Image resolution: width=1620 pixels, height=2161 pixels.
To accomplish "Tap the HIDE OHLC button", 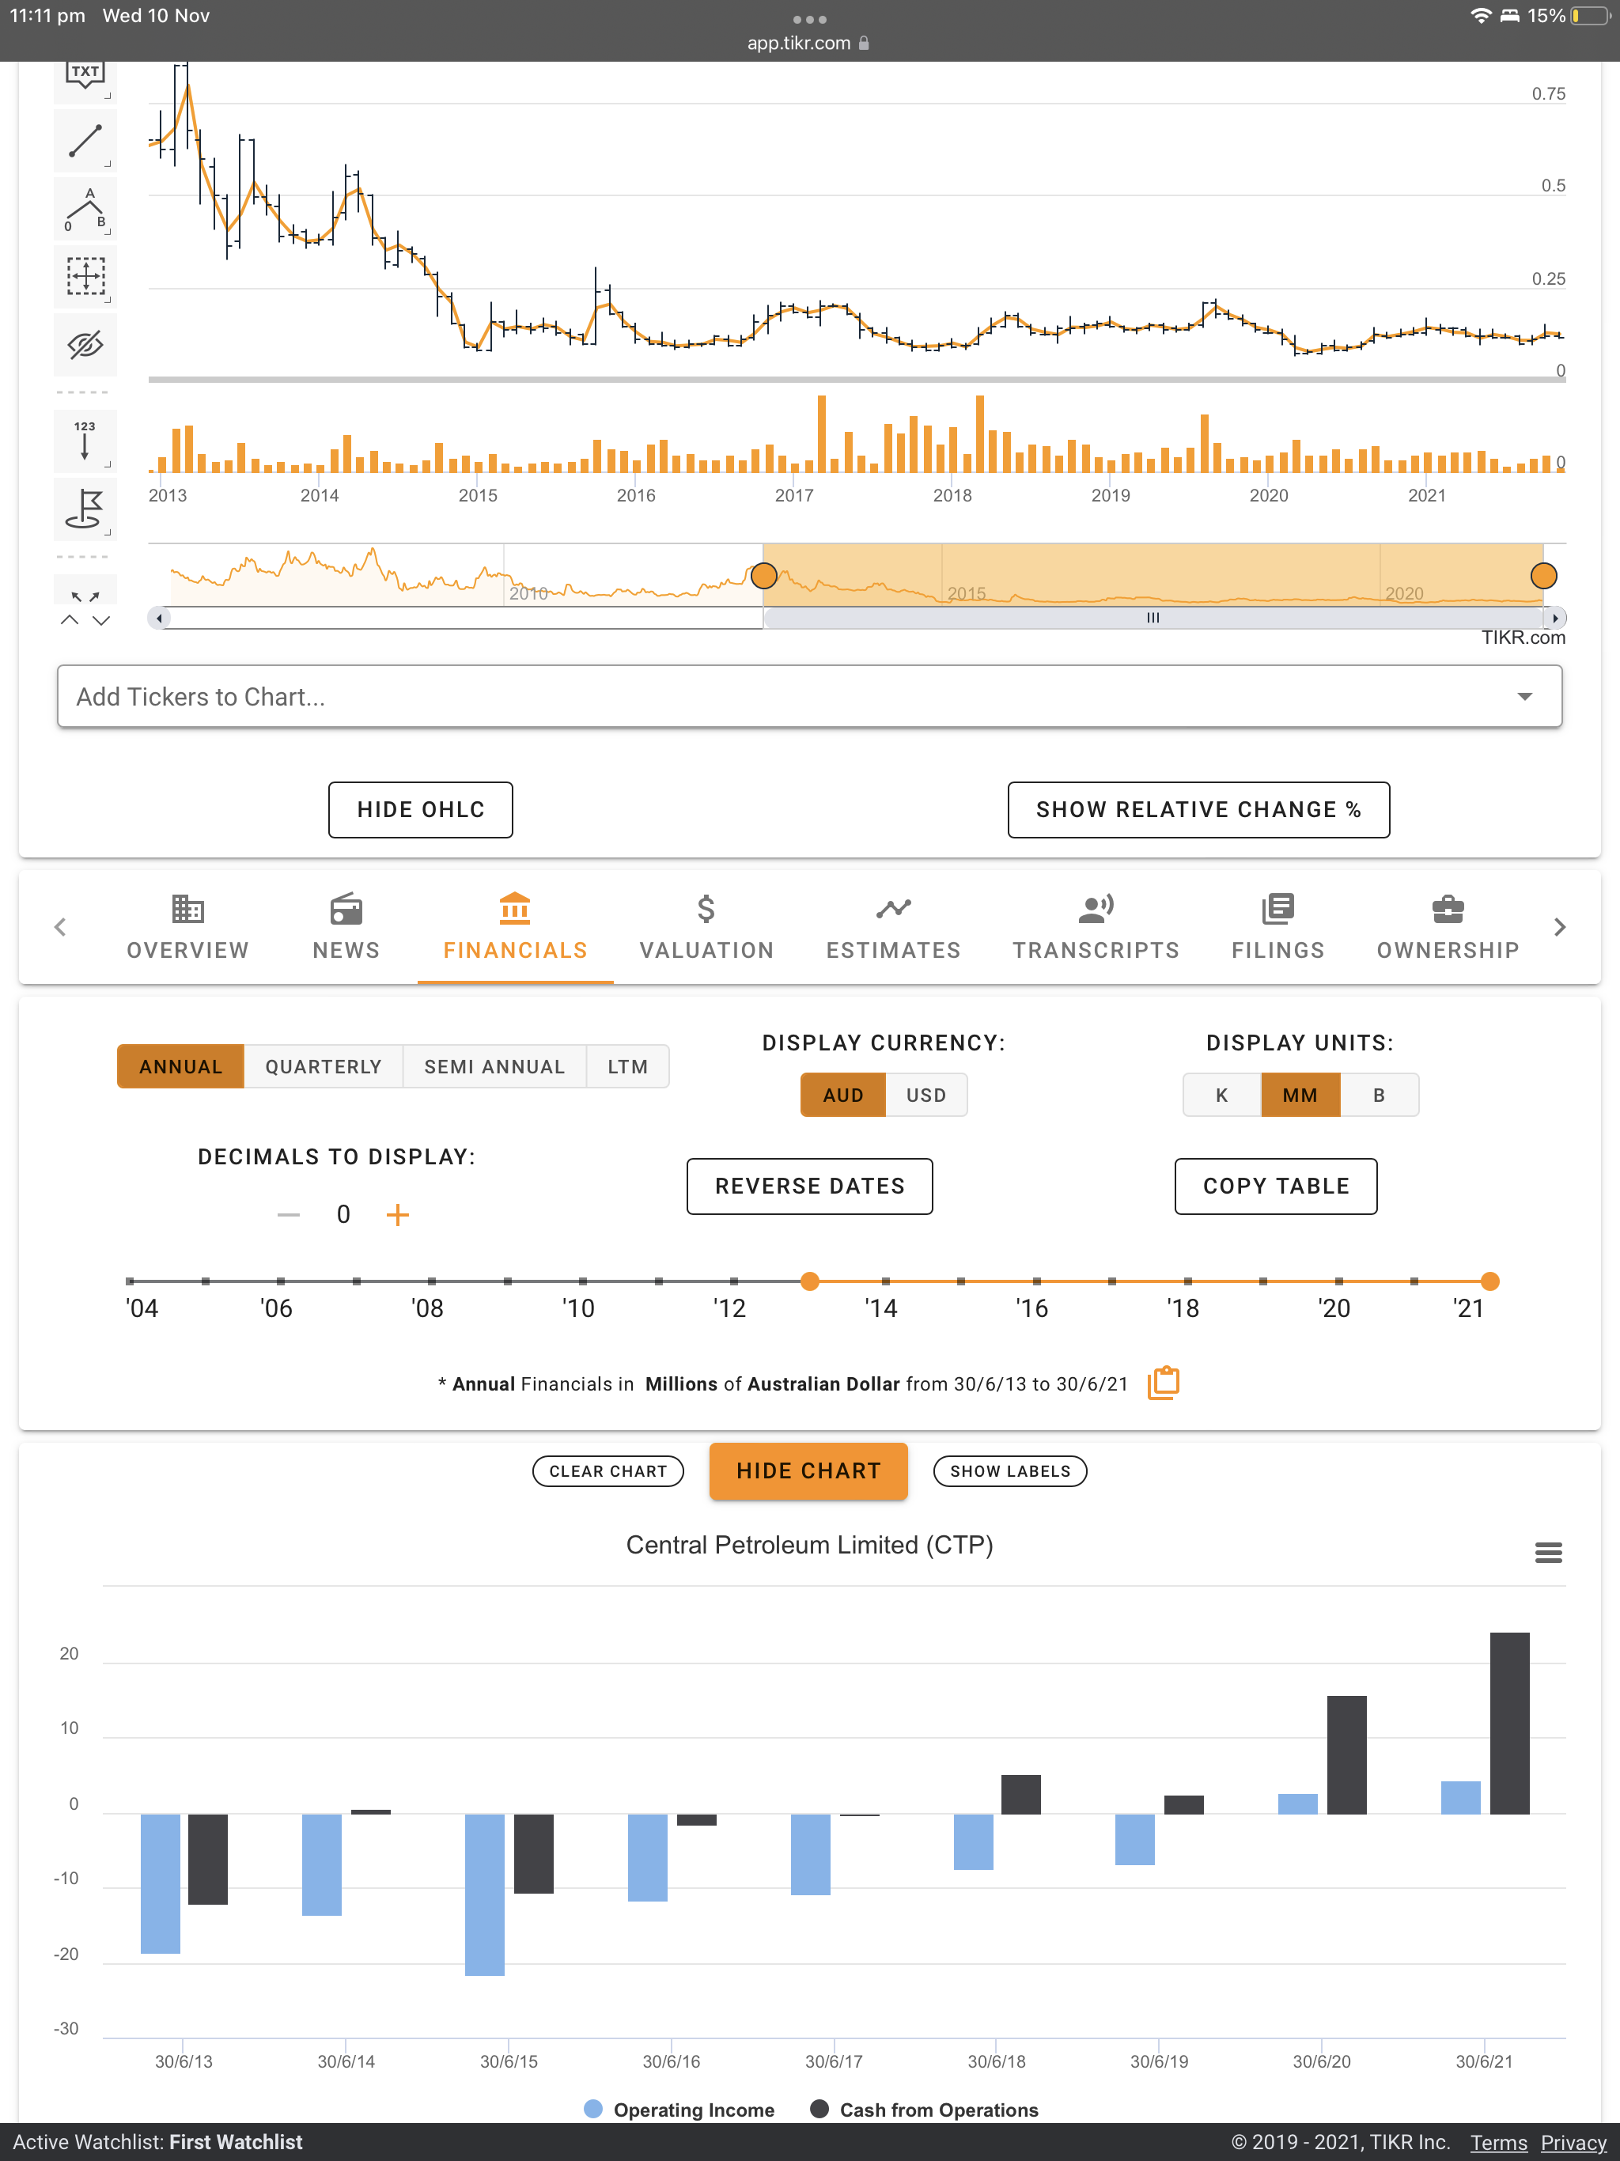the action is [x=420, y=809].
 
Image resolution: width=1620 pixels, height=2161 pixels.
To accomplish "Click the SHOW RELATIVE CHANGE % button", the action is [x=1198, y=809].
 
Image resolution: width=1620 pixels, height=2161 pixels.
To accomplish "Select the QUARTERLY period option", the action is [x=324, y=1065].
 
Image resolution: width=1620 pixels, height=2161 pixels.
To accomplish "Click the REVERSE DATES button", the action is [x=809, y=1185].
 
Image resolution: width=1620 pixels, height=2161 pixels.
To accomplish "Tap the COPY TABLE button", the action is [x=1275, y=1185].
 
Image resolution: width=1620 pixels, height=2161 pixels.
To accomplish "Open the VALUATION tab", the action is [x=706, y=927].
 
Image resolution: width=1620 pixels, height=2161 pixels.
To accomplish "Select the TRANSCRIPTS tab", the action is [x=1096, y=927].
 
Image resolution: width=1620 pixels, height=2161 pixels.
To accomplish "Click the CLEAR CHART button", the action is [x=607, y=1470].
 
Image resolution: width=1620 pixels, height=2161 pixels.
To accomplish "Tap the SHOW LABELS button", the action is [x=1010, y=1470].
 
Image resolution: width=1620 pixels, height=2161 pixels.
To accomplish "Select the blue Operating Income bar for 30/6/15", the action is [x=485, y=1894].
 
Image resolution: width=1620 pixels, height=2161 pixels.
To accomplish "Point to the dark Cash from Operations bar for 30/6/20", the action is [x=1346, y=1754].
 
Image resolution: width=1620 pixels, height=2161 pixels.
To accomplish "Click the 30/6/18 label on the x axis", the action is [x=997, y=2061].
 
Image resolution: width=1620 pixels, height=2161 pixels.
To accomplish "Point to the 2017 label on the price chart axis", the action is [x=793, y=495].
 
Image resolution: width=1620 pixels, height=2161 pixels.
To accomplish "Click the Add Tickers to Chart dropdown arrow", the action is [x=1524, y=697].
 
